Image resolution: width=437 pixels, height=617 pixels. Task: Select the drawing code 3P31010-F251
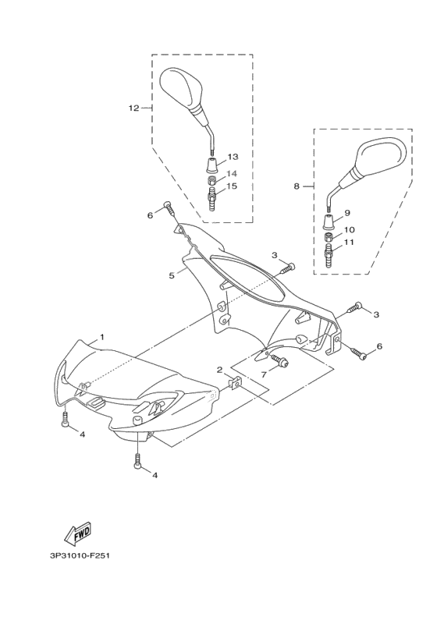(x=80, y=556)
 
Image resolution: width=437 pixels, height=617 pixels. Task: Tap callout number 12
(x=134, y=108)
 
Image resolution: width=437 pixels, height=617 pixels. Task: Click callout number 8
(x=297, y=186)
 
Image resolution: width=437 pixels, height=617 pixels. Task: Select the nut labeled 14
(x=211, y=181)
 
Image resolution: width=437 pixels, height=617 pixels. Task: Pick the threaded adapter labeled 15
(x=211, y=200)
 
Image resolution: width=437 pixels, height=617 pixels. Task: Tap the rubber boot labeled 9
(x=329, y=222)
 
